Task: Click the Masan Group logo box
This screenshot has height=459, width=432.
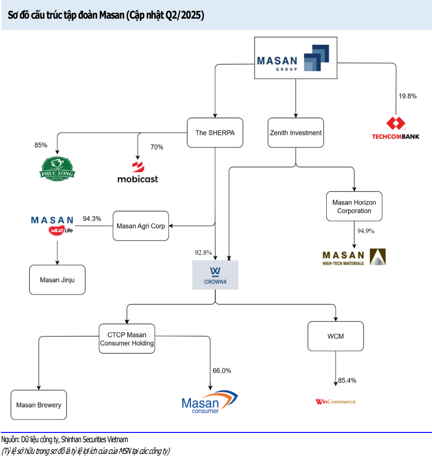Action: pos(295,58)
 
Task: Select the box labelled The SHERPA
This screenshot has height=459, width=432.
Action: pos(215,133)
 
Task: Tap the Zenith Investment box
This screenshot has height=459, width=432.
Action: pos(295,133)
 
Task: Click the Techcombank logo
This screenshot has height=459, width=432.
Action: pos(395,128)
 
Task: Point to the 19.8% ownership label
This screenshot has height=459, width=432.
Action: pos(407,96)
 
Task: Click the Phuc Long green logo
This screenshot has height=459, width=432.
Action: pos(57,168)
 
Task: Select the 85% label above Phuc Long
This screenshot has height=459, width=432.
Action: pos(41,145)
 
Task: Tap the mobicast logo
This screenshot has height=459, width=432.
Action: pos(137,172)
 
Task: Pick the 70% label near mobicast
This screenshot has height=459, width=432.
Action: pos(157,147)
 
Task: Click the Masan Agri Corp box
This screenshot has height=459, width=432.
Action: pos(141,226)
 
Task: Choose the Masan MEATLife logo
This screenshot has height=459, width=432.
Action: pos(52,225)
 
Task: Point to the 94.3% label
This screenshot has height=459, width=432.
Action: pos(92,219)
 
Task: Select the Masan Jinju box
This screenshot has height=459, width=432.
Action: pos(57,280)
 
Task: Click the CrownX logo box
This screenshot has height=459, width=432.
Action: pos(215,275)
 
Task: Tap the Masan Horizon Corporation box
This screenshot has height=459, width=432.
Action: pos(354,206)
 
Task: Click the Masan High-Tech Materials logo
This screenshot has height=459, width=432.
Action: pos(354,257)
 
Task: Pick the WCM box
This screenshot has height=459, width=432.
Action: pos(336,336)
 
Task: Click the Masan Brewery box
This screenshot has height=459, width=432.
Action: pos(39,405)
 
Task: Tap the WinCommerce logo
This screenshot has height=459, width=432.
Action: pos(336,401)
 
